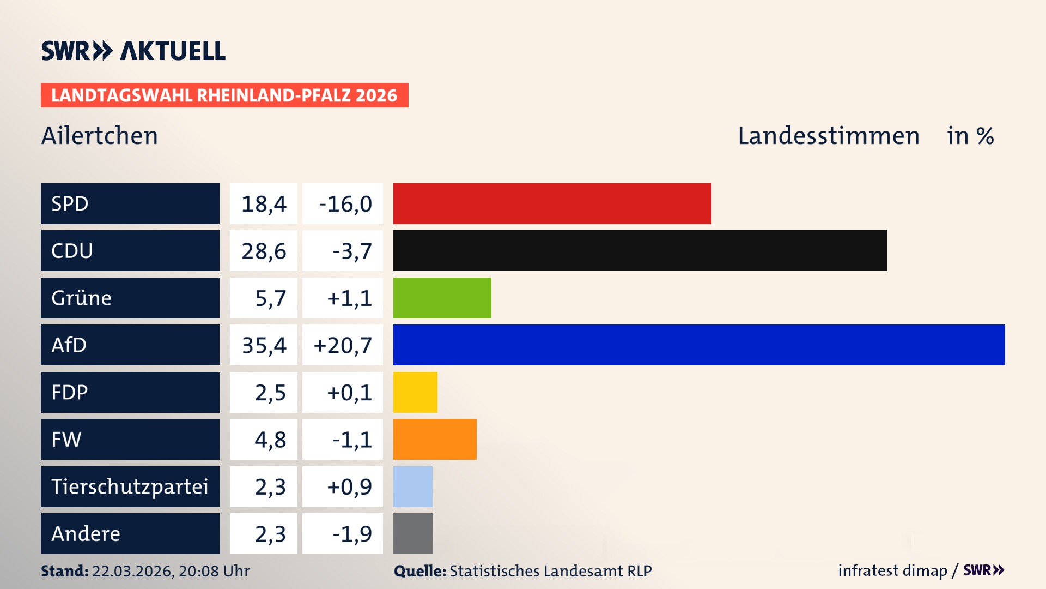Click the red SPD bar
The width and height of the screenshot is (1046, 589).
point(552,203)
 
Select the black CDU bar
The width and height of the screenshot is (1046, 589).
point(640,250)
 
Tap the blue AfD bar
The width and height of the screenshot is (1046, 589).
point(699,345)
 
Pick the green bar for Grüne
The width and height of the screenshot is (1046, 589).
point(442,298)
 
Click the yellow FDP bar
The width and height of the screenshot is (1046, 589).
point(415,392)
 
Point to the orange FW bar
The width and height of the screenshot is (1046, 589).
point(435,439)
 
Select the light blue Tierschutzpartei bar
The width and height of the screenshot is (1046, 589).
point(413,486)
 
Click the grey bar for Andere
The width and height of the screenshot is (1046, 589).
point(413,533)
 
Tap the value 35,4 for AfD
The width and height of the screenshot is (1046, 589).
point(264,345)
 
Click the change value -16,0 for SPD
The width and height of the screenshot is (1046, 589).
point(345,204)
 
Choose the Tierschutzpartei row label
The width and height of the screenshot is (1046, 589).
point(130,486)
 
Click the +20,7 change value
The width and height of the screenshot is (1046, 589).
point(343,345)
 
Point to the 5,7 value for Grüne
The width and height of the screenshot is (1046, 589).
point(270,298)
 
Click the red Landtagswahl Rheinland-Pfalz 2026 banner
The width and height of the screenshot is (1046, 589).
point(224,95)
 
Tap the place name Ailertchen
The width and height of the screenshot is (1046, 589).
point(100,136)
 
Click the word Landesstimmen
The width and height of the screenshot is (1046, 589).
point(828,136)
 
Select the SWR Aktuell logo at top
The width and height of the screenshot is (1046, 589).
point(133,51)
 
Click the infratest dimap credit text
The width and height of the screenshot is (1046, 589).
point(892,570)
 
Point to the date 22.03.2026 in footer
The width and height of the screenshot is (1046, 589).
point(132,571)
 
